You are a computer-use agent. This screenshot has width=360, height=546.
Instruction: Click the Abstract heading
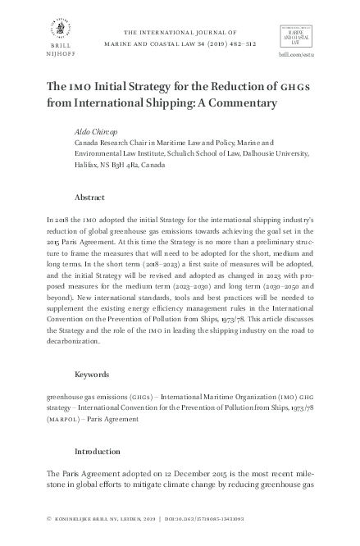pyautogui.click(x=89, y=198)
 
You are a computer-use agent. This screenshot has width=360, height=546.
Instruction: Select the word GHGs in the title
pyautogui.click(x=294, y=86)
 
